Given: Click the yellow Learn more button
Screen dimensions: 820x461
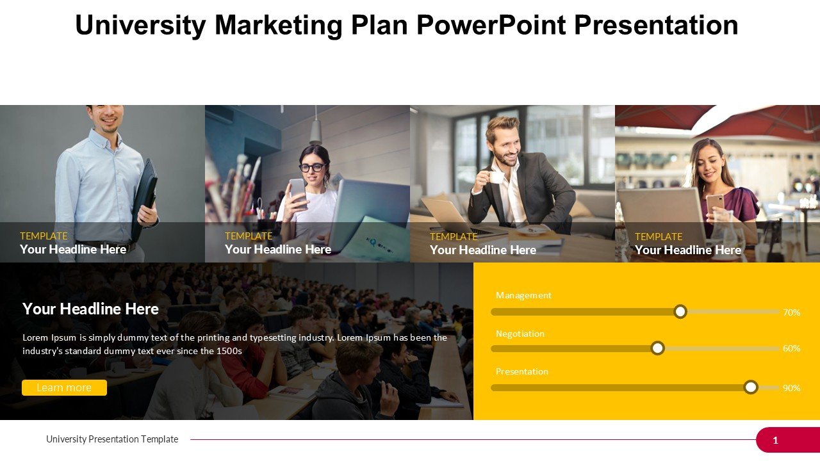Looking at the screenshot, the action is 65,387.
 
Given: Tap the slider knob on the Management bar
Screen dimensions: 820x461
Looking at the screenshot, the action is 680,312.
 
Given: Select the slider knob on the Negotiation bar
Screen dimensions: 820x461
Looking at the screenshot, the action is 657,348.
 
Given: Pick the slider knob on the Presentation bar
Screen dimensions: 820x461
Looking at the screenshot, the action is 751,387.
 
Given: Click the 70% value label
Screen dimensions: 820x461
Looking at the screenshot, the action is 791,312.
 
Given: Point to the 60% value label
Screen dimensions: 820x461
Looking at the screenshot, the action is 791,348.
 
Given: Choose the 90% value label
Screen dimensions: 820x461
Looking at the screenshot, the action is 791,388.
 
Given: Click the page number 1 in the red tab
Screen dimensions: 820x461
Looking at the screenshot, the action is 775,440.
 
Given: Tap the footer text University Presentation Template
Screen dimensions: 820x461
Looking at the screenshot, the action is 112,439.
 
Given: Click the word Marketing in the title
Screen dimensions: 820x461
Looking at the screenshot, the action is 278,25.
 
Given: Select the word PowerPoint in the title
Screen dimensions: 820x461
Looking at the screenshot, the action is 491,25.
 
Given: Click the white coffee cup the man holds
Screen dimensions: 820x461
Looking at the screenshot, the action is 495,177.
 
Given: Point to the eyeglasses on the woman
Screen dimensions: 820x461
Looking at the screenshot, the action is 312,168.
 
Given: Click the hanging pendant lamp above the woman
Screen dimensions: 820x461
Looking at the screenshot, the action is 315,126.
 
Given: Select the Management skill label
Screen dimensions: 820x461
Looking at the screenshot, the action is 523,295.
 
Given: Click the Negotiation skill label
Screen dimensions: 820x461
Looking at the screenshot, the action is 520,334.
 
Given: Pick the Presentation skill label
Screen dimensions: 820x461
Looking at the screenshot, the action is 521,371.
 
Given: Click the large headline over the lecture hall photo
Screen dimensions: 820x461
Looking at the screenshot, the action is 90,309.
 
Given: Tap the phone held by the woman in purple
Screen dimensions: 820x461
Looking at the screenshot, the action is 714,205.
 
